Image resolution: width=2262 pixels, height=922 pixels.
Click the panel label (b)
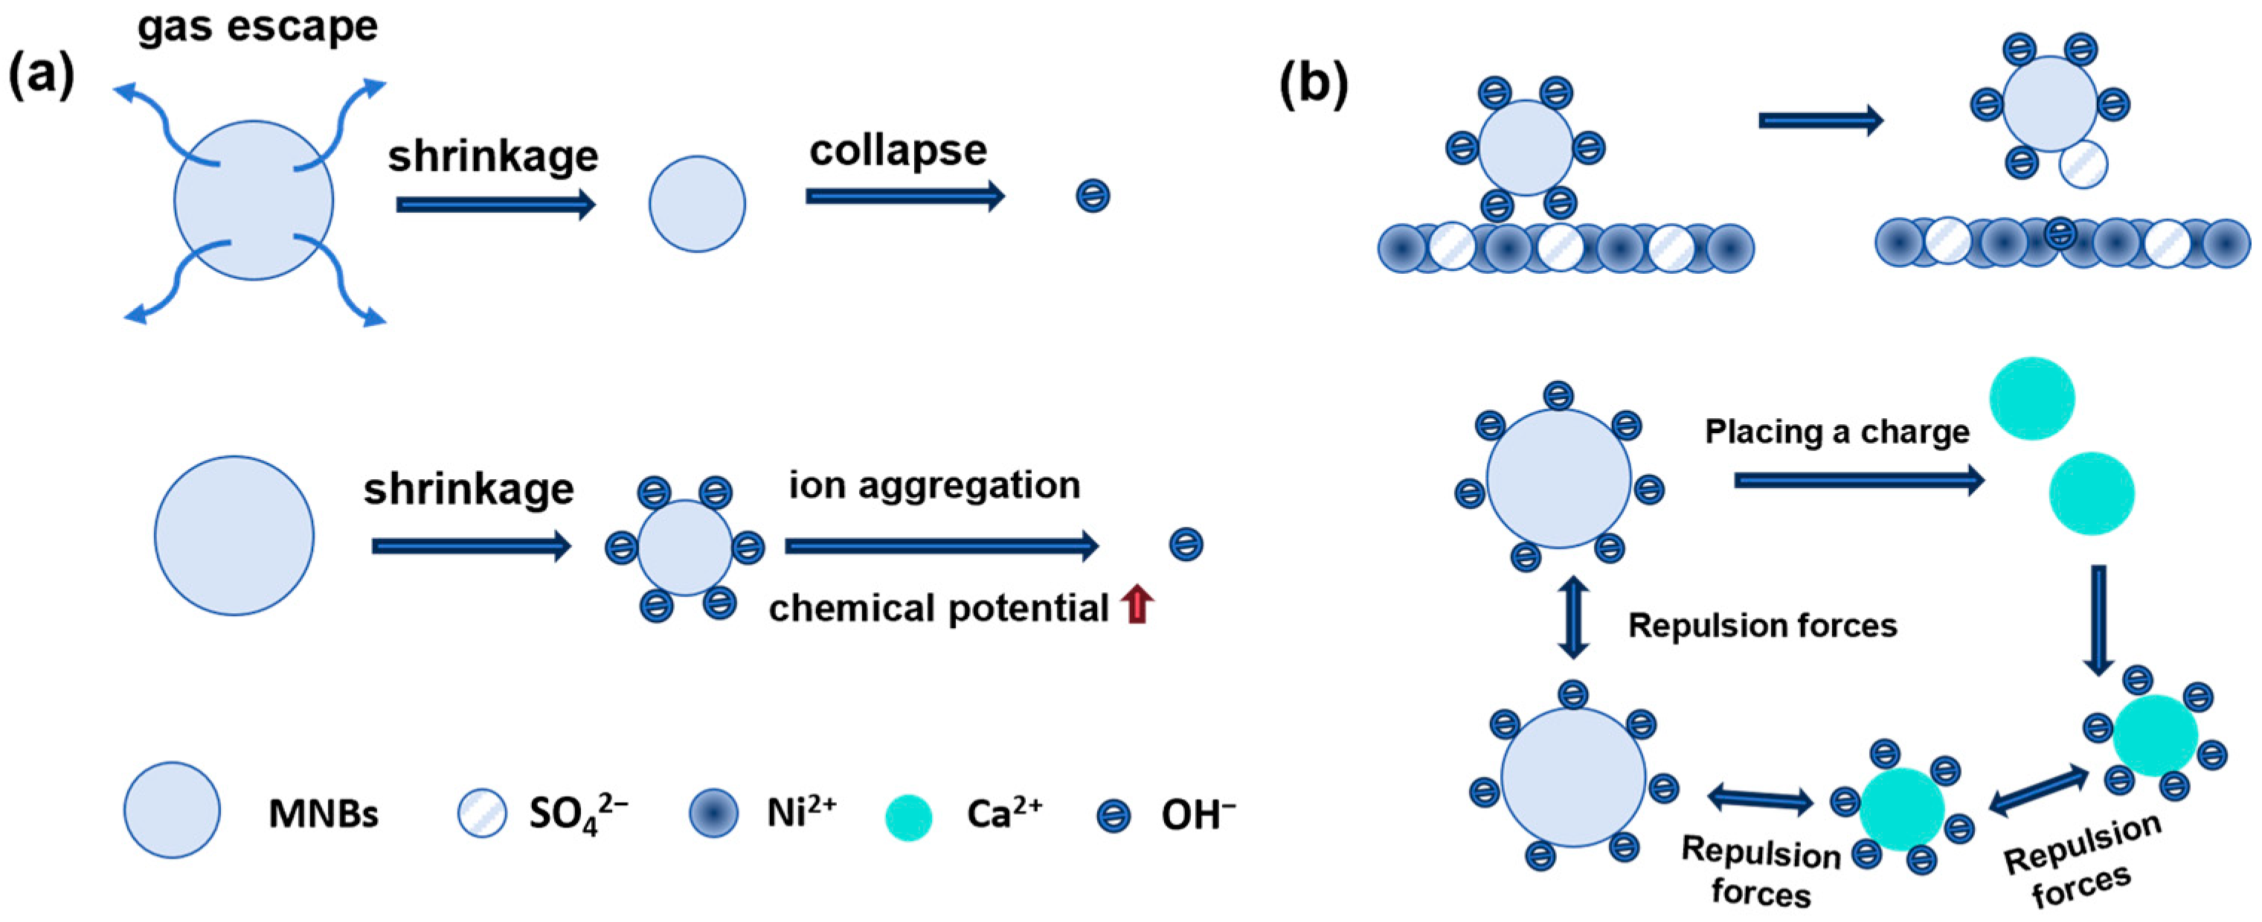coord(1313,85)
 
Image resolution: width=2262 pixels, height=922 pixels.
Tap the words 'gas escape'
coord(257,26)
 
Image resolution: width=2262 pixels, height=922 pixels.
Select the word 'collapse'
coord(897,151)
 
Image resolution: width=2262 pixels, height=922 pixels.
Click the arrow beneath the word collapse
coord(905,196)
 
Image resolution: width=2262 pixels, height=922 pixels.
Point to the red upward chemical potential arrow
coord(1137,605)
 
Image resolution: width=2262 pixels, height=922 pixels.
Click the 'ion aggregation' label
coord(934,486)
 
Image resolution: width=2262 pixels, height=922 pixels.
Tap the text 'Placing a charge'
coord(1837,432)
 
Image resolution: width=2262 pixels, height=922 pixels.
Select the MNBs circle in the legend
coord(172,810)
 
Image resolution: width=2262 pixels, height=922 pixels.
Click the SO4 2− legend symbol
coord(482,813)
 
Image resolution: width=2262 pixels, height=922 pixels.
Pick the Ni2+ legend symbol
coord(713,813)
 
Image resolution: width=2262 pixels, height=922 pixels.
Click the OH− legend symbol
coord(1114,816)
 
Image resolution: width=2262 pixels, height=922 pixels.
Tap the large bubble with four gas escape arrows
coord(253,201)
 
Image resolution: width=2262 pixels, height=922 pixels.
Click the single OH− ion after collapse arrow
coord(1093,196)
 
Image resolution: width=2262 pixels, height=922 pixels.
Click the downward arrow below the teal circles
coord(2098,620)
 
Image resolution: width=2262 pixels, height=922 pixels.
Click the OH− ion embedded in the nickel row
coord(2060,234)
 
